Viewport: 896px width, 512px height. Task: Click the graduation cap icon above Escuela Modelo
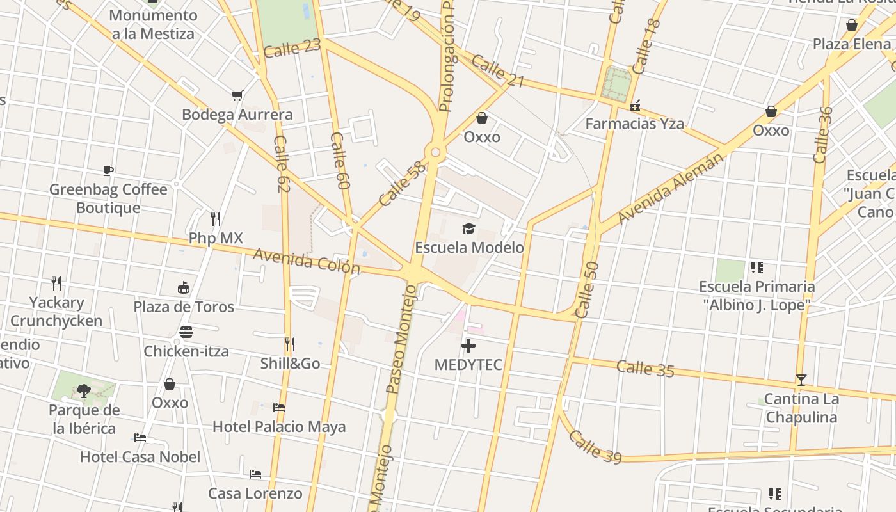point(469,228)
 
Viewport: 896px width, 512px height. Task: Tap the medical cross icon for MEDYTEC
point(468,346)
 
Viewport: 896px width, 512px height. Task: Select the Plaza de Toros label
point(184,307)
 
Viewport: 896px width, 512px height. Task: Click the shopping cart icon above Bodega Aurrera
point(237,96)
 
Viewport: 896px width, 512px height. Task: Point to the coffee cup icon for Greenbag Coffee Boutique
point(108,170)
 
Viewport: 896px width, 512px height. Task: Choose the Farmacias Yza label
point(634,124)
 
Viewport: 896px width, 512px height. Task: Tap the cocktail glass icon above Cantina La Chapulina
point(801,380)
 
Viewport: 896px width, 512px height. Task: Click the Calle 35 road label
point(645,369)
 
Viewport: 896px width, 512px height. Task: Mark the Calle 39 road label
point(595,447)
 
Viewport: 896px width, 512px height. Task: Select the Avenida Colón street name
point(307,261)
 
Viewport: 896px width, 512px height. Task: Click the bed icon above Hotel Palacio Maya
point(278,407)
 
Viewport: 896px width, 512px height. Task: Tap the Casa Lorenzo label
point(255,493)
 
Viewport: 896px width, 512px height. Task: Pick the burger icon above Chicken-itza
point(186,332)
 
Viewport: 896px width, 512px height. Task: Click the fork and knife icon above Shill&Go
point(289,344)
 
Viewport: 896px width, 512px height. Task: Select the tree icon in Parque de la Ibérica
point(83,390)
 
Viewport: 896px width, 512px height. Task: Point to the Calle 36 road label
point(823,135)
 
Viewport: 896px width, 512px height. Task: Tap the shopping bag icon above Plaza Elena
point(851,25)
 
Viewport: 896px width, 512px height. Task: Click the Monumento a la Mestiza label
point(153,24)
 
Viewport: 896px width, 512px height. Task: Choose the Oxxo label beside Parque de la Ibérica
point(170,403)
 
